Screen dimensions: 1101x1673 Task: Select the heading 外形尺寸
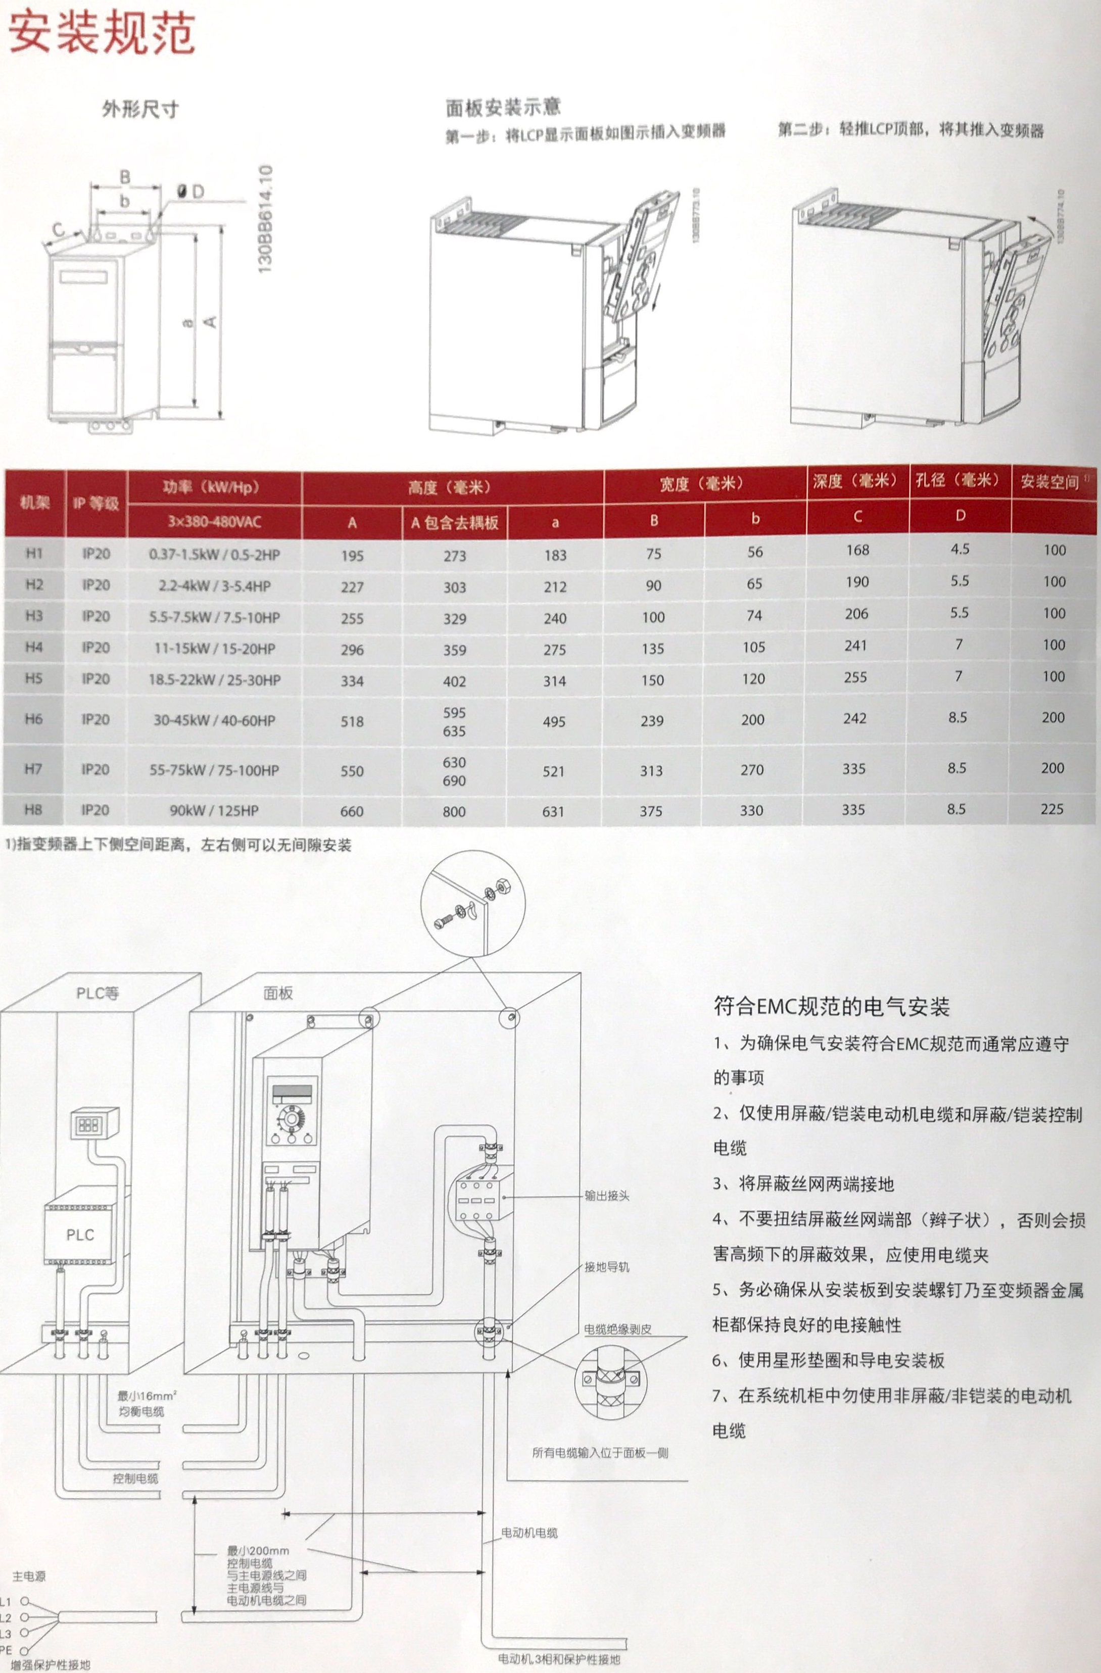pyautogui.click(x=140, y=109)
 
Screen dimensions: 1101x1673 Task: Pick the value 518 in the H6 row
pyautogui.click(x=352, y=721)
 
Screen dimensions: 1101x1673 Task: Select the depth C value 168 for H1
pyautogui.click(x=857, y=550)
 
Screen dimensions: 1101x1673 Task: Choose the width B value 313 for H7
pyautogui.click(x=651, y=770)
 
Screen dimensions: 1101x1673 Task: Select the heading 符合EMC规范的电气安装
pyautogui.click(x=831, y=1006)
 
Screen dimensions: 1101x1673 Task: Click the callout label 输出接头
pyautogui.click(x=607, y=1196)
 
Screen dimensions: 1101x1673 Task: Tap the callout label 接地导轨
pyautogui.click(x=607, y=1267)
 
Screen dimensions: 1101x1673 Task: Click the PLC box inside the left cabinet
pyautogui.click(x=79, y=1235)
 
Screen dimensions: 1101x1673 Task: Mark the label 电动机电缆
pyautogui.click(x=529, y=1533)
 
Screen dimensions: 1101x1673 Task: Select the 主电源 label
pyautogui.click(x=29, y=1576)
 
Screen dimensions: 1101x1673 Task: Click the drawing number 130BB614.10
pyautogui.click(x=265, y=219)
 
